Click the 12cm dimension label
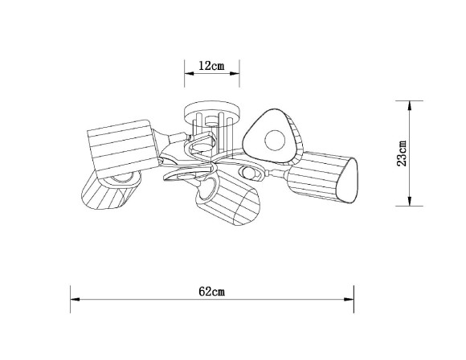[x=211, y=66]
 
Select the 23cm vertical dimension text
[x=402, y=153]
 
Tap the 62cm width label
[x=212, y=292]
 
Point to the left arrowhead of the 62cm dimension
[x=75, y=300]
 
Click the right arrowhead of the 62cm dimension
[x=349, y=300]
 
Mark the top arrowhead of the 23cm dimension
[x=410, y=105]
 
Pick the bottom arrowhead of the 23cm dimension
[x=410, y=201]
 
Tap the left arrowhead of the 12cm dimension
[x=189, y=73]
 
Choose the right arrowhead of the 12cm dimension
[x=235, y=73]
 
